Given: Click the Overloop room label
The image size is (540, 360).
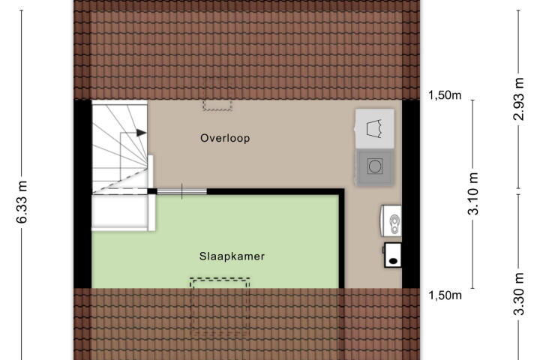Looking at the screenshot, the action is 225,138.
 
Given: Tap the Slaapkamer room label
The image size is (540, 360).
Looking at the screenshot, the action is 232,256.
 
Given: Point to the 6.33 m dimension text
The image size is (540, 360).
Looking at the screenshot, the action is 22,202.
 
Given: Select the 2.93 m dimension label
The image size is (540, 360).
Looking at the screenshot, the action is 519,99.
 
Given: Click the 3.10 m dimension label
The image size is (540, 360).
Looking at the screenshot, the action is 473,194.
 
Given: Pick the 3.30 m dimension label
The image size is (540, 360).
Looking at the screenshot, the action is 519,294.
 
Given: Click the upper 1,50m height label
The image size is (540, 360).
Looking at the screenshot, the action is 445,94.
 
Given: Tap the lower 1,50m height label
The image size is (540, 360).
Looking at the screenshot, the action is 445,295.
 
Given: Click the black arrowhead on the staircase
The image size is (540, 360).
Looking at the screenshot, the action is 142,133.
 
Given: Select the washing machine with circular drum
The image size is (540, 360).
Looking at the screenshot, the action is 375,167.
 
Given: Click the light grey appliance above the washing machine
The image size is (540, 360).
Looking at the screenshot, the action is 375,128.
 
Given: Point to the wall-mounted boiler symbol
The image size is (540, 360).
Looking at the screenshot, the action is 391,220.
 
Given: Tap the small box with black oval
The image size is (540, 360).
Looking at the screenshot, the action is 392,255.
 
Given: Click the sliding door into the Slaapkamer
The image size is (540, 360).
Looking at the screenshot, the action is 181,191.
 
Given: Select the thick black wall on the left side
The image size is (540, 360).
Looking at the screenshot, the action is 83,194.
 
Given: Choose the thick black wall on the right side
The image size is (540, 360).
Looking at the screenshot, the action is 411,194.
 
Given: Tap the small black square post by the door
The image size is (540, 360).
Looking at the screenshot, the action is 152,191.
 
